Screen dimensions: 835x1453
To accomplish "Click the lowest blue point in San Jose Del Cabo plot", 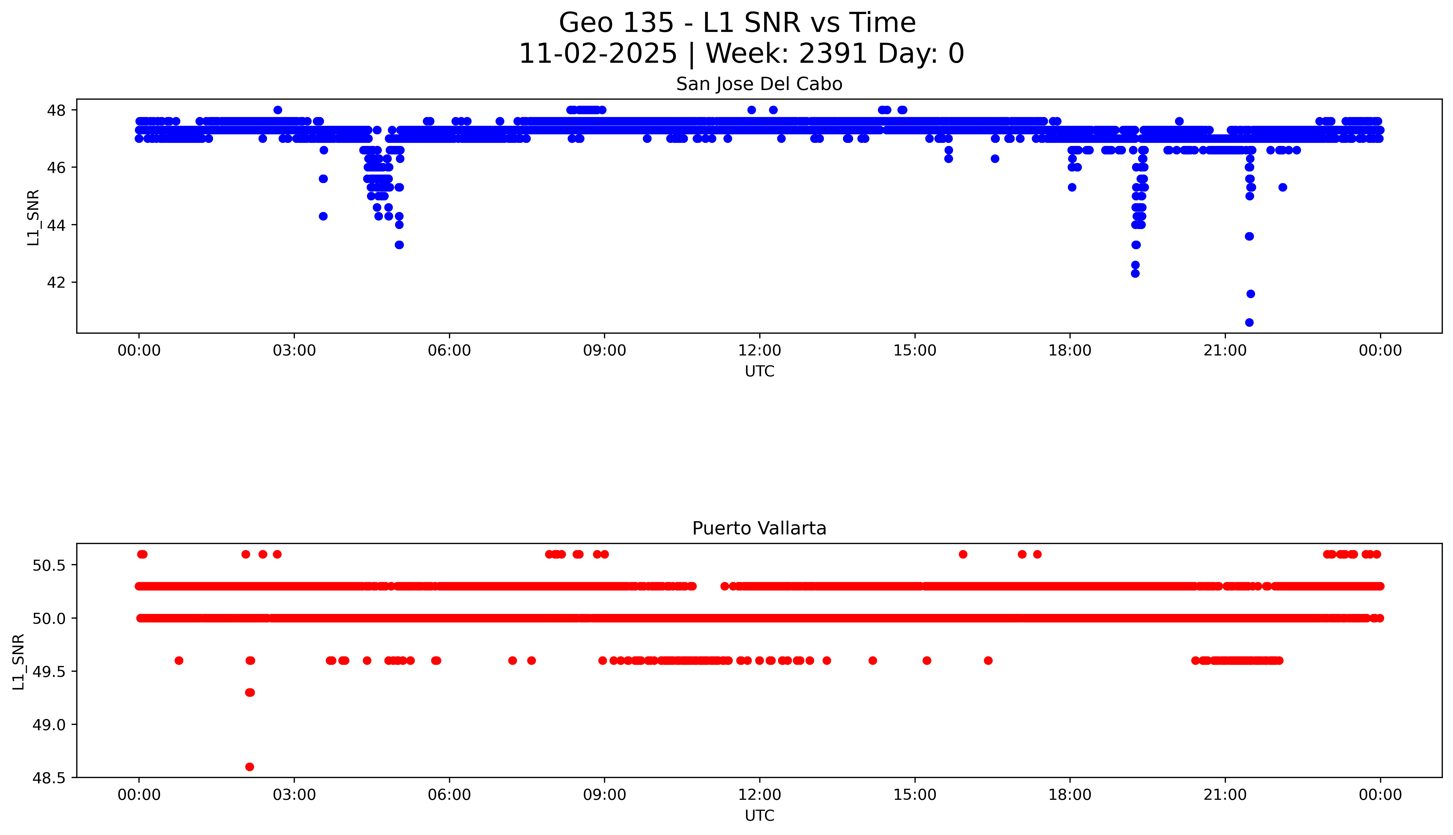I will point(1250,322).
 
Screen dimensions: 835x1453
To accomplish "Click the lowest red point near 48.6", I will point(249,767).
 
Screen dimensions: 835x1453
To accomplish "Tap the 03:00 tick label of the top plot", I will point(294,350).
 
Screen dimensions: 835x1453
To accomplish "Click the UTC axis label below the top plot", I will point(759,372).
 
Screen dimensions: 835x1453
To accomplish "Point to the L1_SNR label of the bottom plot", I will point(19,661).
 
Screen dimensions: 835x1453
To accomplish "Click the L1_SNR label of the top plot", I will point(33,217).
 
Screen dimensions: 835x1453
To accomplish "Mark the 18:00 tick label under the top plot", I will point(1070,350).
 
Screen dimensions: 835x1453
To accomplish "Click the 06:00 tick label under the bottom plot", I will point(450,795).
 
